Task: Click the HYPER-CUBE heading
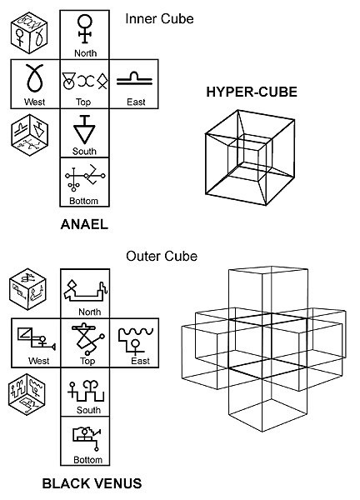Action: (x=252, y=92)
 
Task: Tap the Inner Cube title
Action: (x=159, y=19)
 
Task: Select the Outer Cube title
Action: (x=162, y=256)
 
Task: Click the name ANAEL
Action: (x=84, y=224)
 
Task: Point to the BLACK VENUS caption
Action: (x=92, y=483)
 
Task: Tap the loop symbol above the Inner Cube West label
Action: (x=34, y=77)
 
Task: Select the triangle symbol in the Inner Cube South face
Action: (x=84, y=130)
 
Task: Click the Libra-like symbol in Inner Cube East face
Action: (x=134, y=79)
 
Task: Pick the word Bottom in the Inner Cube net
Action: (x=83, y=201)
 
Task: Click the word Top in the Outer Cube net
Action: (x=87, y=361)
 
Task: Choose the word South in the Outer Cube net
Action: (x=88, y=410)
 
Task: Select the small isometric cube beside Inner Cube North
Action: (x=29, y=32)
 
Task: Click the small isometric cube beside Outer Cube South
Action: (x=27, y=394)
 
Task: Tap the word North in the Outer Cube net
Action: (x=90, y=312)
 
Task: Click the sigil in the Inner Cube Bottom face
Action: (x=85, y=178)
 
